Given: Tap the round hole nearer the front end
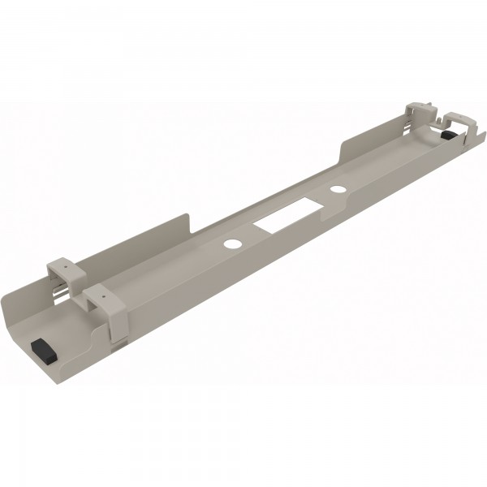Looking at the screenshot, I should click(231, 243).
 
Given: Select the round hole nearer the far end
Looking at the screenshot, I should click(337, 190).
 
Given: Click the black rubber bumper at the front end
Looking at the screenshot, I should click(41, 351).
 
